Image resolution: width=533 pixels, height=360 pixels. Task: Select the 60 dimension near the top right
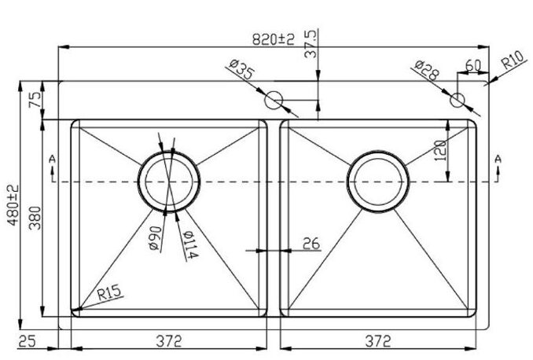(x=473, y=65)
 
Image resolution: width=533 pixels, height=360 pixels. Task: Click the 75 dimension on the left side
(x=34, y=99)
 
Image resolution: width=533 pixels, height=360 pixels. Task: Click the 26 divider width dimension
(x=311, y=244)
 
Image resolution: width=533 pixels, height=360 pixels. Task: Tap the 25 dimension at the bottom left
(x=28, y=340)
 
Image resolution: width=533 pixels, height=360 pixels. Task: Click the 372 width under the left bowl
(x=167, y=340)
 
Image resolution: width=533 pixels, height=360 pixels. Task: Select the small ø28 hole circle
(x=457, y=100)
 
